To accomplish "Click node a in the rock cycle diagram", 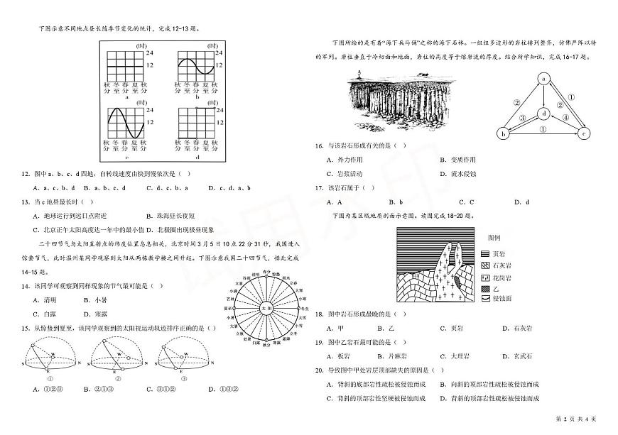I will [544, 78].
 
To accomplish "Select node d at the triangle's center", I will [543, 112].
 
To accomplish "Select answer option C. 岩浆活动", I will [345, 174].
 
